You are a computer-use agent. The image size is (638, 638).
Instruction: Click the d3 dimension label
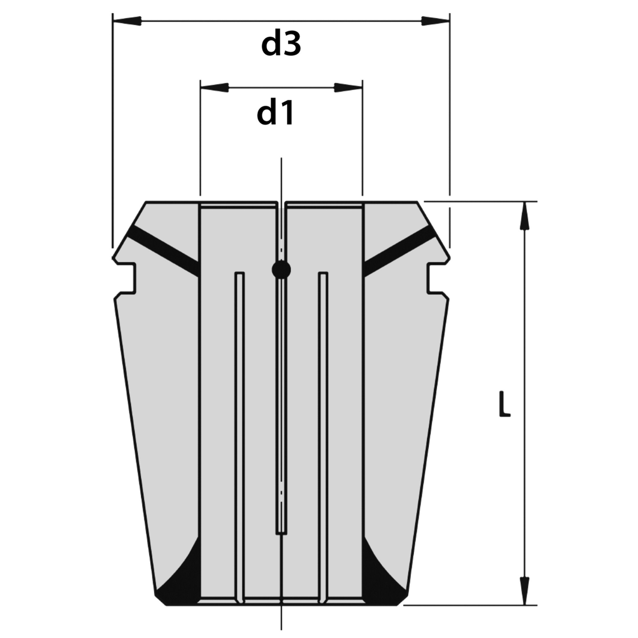[x=281, y=45]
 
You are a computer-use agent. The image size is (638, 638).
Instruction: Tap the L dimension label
[x=504, y=404]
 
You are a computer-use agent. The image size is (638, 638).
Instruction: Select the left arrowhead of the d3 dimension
[x=127, y=21]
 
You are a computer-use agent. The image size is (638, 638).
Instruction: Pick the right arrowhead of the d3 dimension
[x=436, y=21]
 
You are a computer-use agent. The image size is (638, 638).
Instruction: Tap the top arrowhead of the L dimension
[x=523, y=215]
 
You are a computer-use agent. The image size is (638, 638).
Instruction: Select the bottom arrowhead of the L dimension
[x=523, y=591]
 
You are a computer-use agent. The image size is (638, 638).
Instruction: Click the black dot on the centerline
[x=281, y=270]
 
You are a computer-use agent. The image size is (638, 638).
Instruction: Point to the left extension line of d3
[x=112, y=131]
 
